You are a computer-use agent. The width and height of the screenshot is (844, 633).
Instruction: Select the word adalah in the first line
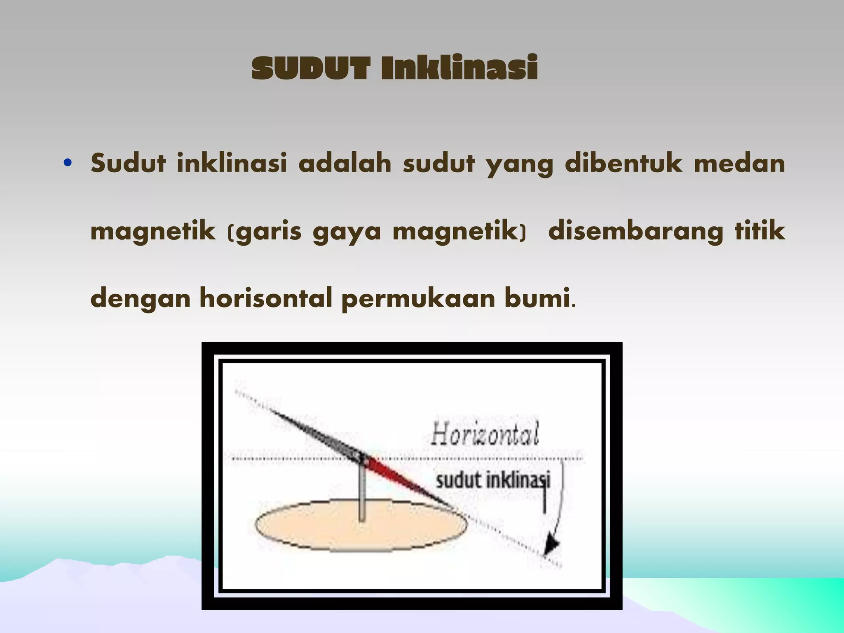tap(345, 163)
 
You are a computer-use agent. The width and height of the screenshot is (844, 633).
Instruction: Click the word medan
tap(739, 163)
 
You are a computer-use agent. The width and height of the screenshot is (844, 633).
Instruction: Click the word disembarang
tap(635, 231)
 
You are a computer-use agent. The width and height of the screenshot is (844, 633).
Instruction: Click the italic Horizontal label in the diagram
tap(485, 434)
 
